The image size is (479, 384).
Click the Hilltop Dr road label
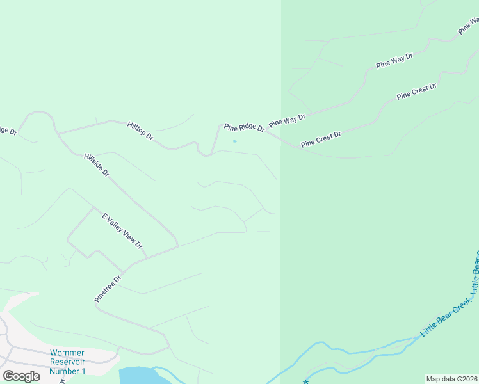140,131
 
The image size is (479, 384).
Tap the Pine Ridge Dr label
244,128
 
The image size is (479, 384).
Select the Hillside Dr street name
97,164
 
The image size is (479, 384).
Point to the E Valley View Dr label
122,231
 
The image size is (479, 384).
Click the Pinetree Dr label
108,289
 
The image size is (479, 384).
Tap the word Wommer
67,353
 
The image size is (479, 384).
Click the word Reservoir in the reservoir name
67,362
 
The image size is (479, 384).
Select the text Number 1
67,371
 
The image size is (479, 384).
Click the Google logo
21,376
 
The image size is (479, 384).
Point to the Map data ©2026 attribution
451,379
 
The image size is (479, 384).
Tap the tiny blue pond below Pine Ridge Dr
235,141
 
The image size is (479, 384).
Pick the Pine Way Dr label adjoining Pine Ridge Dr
288,120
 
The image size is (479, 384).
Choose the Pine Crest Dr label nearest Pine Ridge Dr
321,139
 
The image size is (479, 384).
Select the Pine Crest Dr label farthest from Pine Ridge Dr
416,91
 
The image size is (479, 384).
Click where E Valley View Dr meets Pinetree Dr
147,257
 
